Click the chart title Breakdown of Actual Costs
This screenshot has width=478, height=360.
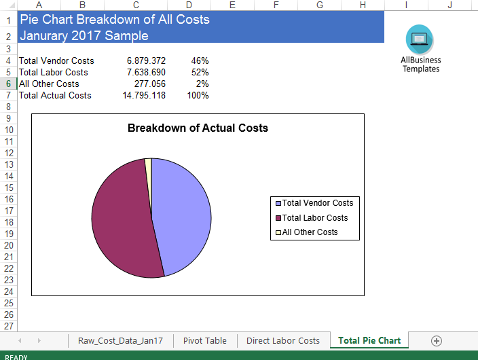pyautogui.click(x=198, y=128)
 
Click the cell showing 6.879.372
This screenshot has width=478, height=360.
pyautogui.click(x=146, y=60)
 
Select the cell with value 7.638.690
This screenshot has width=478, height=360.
pyautogui.click(x=146, y=72)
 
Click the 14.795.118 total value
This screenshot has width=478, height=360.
pyautogui.click(x=144, y=95)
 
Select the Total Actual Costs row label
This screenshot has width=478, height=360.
pyautogui.click(x=55, y=95)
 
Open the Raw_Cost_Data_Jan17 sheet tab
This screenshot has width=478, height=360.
pyautogui.click(x=120, y=340)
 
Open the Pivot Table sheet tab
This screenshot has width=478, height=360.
pyautogui.click(x=205, y=340)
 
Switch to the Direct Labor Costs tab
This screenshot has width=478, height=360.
pyautogui.click(x=282, y=340)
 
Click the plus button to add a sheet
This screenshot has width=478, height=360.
pyautogui.click(x=437, y=340)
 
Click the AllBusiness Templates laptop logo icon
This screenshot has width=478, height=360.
pyautogui.click(x=420, y=39)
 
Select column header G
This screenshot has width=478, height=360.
pyautogui.click(x=319, y=5)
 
